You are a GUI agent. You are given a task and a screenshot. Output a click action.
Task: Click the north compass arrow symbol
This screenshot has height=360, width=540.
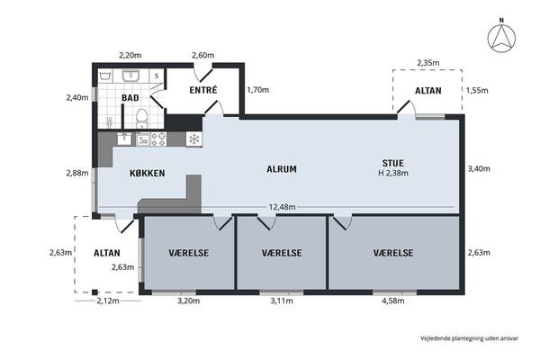pos(501,38)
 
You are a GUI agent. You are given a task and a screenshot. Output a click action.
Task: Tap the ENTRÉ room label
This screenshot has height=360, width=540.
pos(203,90)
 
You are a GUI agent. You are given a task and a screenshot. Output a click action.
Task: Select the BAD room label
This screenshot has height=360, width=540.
pos(130,98)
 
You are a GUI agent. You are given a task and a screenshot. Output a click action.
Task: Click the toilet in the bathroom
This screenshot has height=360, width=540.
pos(141,118)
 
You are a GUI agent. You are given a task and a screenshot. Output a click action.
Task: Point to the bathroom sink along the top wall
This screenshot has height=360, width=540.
pos(130,76)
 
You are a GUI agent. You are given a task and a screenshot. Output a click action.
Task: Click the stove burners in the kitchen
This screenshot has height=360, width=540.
pos(158,139)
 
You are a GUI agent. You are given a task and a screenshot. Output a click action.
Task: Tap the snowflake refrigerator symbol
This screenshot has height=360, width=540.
pos(194,139)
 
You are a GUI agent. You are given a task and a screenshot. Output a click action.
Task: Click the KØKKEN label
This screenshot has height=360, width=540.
pos(147,174)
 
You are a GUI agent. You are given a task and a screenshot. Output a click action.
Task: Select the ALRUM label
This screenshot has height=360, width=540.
pos(282,169)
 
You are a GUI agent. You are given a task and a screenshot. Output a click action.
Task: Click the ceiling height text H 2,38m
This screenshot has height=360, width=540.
pos(393,173)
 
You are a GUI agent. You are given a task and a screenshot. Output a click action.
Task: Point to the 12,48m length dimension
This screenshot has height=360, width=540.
pos(282,207)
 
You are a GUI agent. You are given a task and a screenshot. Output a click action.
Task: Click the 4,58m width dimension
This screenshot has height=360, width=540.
pos(393,301)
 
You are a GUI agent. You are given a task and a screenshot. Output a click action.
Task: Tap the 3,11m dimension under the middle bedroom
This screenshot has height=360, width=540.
pos(282,301)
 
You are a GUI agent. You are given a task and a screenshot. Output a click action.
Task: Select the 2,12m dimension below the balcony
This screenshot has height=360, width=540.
pos(108,301)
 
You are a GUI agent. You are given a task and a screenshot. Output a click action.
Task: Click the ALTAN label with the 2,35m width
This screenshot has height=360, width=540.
pos(428,91)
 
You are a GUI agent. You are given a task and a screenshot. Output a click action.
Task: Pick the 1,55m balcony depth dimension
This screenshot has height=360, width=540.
pos(477,90)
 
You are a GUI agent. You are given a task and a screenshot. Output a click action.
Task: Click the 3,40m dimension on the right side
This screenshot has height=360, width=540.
pos(479,168)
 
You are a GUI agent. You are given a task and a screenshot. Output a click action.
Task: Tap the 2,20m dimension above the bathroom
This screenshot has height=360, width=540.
pos(130,55)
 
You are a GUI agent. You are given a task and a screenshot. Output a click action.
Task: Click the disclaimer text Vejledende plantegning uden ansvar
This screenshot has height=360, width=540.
pos(469,338)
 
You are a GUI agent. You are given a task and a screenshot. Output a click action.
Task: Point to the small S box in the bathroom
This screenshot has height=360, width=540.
pos(157,76)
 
